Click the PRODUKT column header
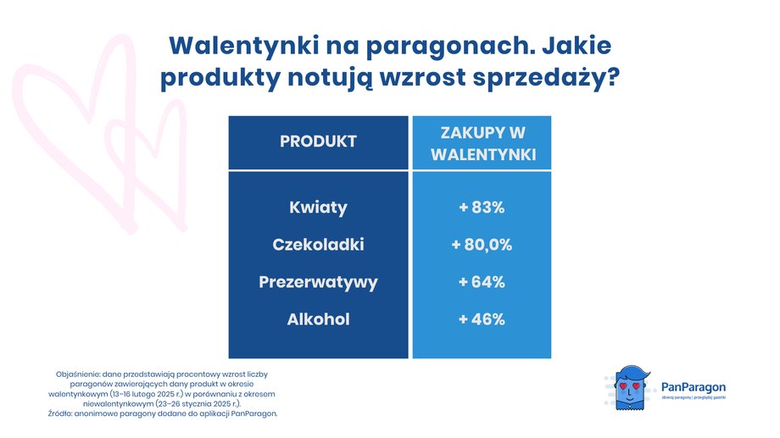[318, 141]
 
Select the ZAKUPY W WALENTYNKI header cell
[482, 143]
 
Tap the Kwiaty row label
[318, 208]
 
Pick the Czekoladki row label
[318, 245]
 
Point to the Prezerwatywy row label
[318, 282]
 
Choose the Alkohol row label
[318, 319]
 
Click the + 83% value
[482, 208]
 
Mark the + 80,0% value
[482, 245]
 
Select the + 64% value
[482, 282]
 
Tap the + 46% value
[482, 319]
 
